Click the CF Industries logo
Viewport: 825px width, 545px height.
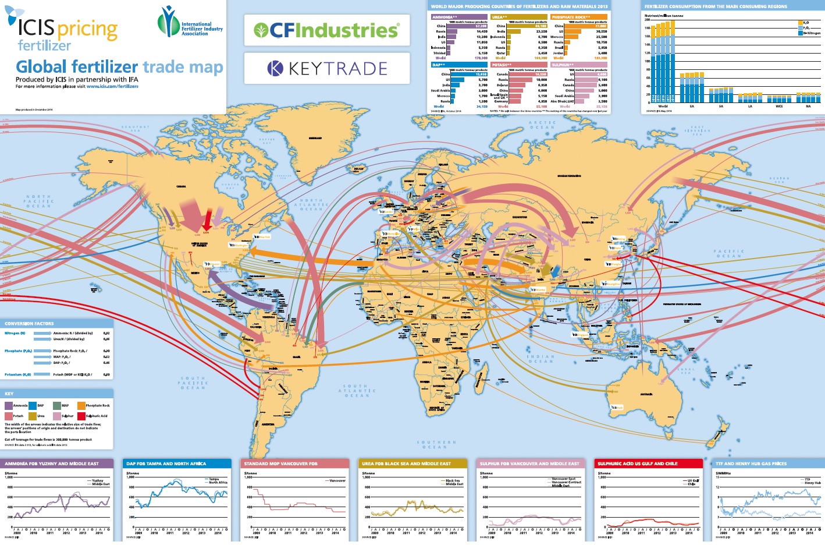pyautogui.click(x=326, y=30)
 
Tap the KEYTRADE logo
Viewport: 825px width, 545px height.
pyautogui.click(x=327, y=69)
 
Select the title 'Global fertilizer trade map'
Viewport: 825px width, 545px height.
pyautogui.click(x=119, y=67)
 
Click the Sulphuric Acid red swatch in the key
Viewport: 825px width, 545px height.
pyautogui.click(x=81, y=416)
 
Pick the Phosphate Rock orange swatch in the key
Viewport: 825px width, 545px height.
pyautogui.click(x=81, y=405)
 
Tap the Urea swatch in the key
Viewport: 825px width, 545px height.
pyautogui.click(x=33, y=416)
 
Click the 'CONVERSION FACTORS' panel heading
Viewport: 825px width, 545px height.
pyautogui.click(x=29, y=323)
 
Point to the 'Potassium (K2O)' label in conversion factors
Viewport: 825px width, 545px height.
pyautogui.click(x=18, y=374)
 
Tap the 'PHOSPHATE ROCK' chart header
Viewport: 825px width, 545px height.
pyautogui.click(x=571, y=17)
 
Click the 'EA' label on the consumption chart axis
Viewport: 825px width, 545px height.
pyautogui.click(x=692, y=106)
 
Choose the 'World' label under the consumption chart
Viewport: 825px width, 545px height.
pyautogui.click(x=663, y=106)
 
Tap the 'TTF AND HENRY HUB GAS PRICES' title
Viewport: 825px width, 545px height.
pyautogui.click(x=751, y=463)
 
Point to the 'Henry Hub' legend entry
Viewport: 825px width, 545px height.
pyautogui.click(x=812, y=483)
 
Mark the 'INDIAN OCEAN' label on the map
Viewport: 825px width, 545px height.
pyautogui.click(x=541, y=359)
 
